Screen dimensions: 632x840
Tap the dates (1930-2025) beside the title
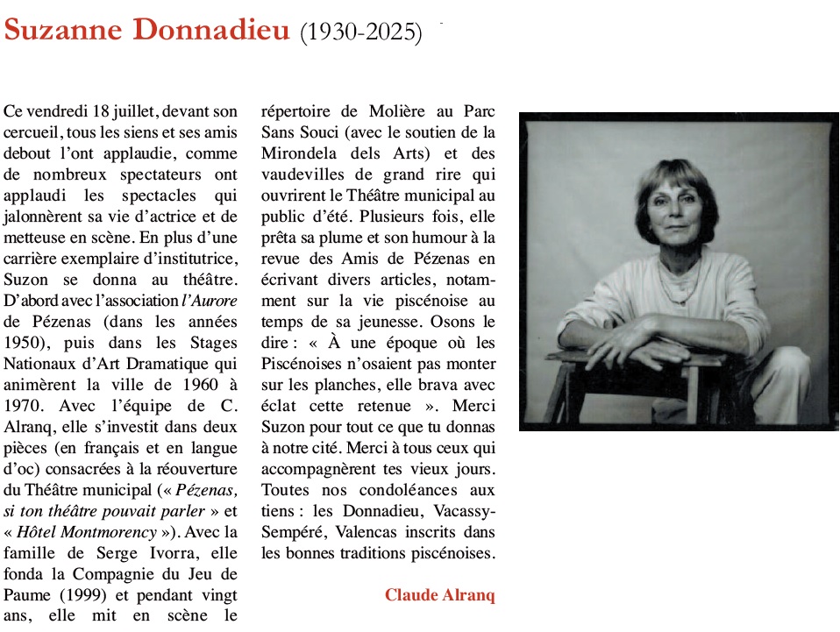click(360, 33)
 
